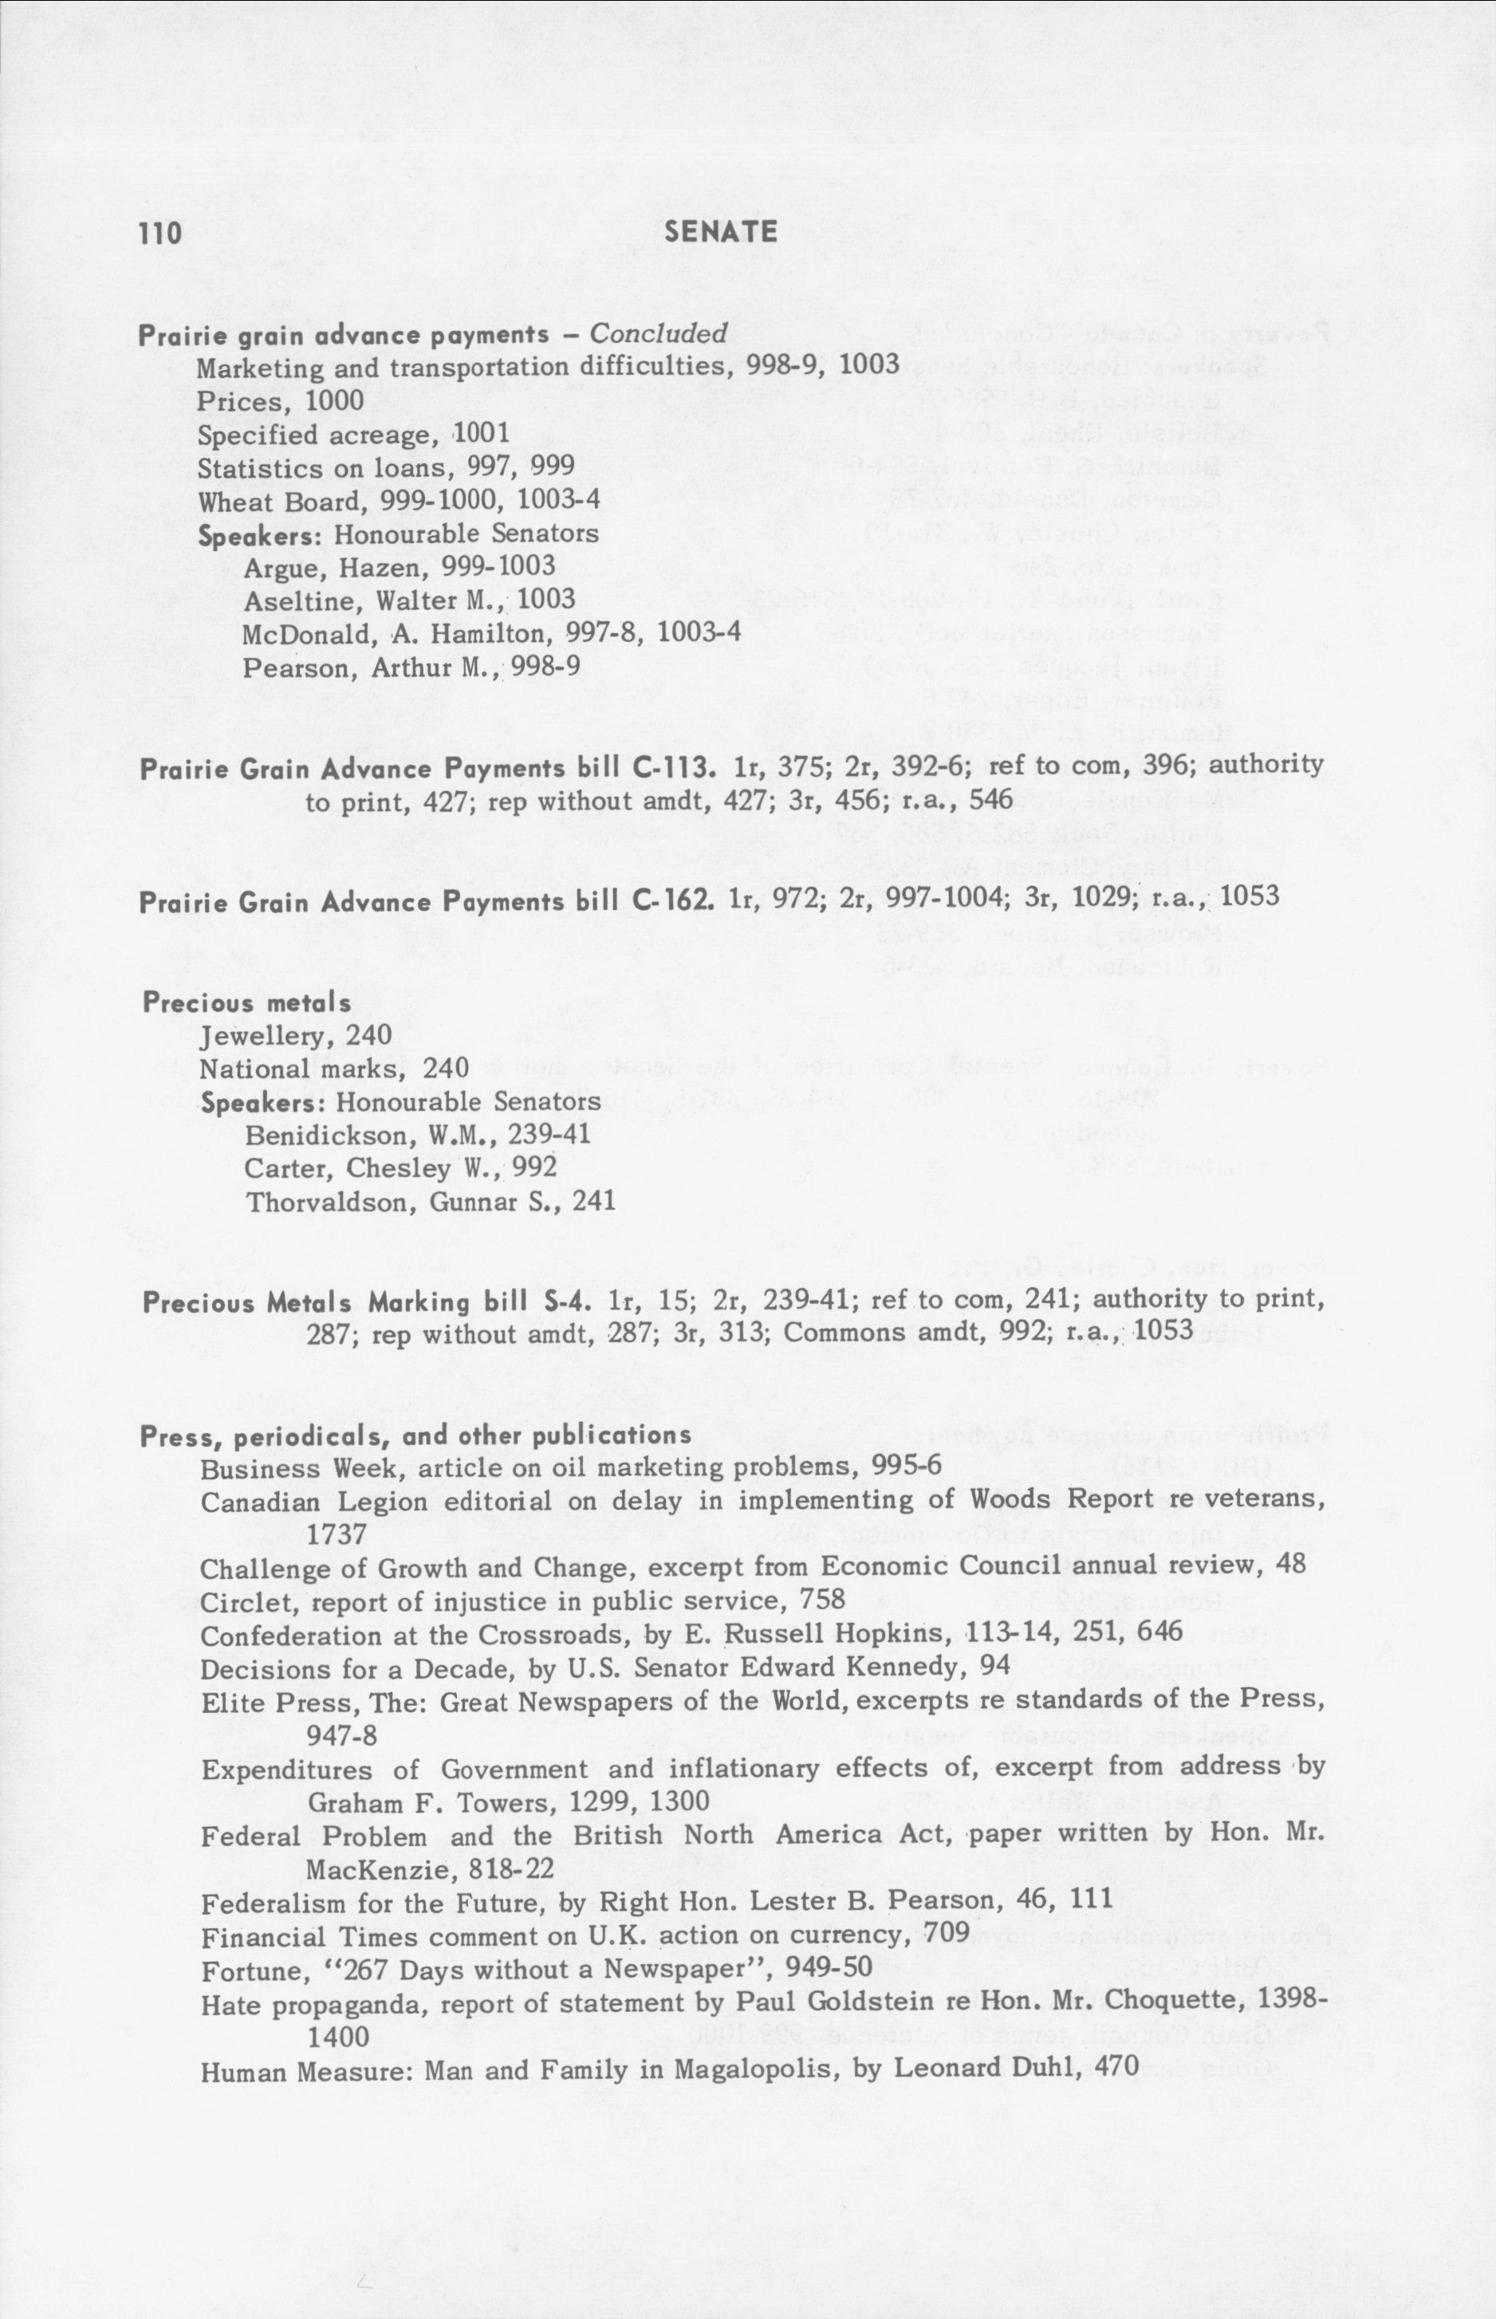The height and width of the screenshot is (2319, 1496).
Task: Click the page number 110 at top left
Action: pyautogui.click(x=159, y=233)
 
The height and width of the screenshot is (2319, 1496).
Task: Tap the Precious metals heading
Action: pyautogui.click(x=246, y=1002)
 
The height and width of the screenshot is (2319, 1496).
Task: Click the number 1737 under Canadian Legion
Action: pyautogui.click(x=336, y=1534)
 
